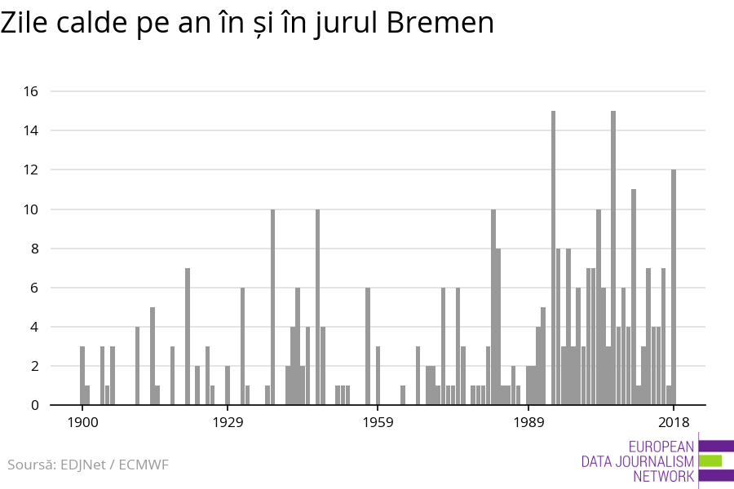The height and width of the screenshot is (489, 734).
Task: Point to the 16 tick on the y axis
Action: tap(31, 91)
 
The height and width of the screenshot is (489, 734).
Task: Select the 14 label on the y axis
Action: tap(31, 130)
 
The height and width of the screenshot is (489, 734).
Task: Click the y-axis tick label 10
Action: tap(31, 209)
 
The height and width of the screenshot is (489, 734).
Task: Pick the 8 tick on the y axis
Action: tap(34, 249)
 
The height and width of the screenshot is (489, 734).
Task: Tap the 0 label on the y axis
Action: tap(34, 405)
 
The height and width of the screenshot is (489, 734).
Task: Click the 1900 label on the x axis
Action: tap(82, 422)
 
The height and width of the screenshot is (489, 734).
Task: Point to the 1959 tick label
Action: tap(378, 422)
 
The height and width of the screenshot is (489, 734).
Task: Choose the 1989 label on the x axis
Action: tap(528, 422)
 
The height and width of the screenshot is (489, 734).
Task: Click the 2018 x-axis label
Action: tap(674, 422)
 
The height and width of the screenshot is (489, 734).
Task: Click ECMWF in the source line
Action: tap(144, 465)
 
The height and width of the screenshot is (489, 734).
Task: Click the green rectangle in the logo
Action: tap(710, 460)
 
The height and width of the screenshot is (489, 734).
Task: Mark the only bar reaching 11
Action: tap(634, 297)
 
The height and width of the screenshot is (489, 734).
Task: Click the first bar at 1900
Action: tap(82, 376)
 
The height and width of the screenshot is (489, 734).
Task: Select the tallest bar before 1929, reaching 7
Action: tap(188, 336)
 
